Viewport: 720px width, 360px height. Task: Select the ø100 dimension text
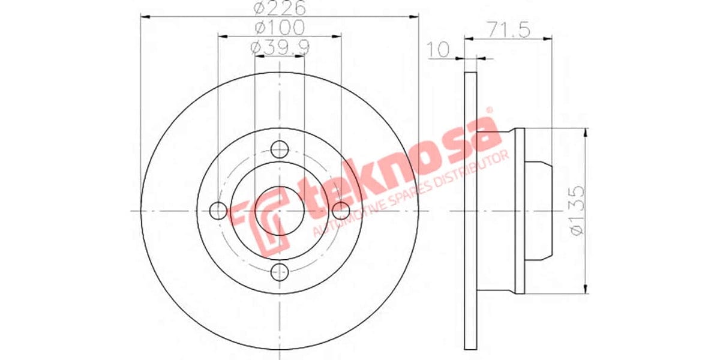pos(280,28)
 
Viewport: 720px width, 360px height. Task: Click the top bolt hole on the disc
pos(279,149)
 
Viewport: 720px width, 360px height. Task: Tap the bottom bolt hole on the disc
pos(279,272)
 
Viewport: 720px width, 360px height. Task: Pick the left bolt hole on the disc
pos(219,211)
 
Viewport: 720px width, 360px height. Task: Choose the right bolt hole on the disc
pos(340,211)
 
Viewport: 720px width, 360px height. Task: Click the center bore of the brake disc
pos(279,211)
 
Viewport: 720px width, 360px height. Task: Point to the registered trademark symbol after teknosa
pos(488,110)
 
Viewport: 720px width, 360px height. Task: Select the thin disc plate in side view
pos(470,211)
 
